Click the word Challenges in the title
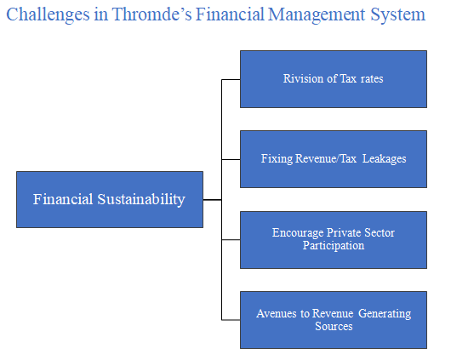tap(48, 14)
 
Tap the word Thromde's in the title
tap(151, 14)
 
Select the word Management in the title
tap(317, 14)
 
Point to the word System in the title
tap(397, 14)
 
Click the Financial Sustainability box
tap(110, 199)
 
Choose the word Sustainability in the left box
tap(141, 199)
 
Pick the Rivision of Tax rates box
tap(334, 79)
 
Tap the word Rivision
tap(303, 78)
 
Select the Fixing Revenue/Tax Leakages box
tap(334, 159)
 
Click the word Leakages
tap(385, 159)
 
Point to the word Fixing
tap(277, 159)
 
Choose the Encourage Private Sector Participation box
tap(334, 240)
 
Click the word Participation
tap(334, 246)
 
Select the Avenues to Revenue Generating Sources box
tap(334, 320)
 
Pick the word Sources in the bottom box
tap(334, 326)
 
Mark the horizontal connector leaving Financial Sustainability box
tap(212, 199)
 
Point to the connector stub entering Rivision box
tap(231, 79)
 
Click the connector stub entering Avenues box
tap(231, 320)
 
